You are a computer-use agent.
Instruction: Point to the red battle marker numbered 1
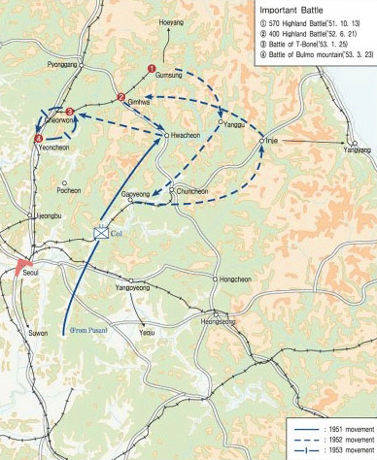click(x=152, y=68)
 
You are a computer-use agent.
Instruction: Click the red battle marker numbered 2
click(x=120, y=96)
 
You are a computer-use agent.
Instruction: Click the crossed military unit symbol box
click(x=101, y=231)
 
